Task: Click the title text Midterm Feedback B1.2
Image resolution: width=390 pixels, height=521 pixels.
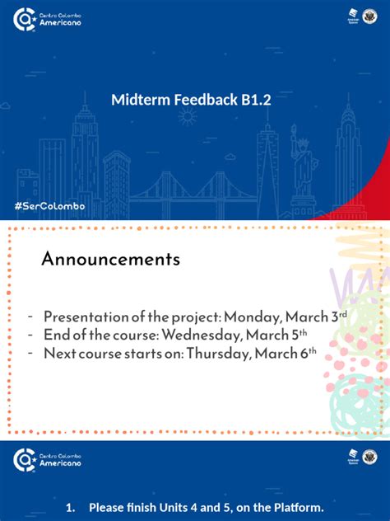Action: click(x=191, y=101)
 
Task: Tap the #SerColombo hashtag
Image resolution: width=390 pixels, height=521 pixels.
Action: click(x=49, y=204)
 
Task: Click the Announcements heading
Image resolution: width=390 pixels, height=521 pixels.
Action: click(x=111, y=260)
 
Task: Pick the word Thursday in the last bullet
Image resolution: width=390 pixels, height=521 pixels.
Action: click(x=217, y=354)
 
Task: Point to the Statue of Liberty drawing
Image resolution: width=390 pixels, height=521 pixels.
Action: click(x=304, y=165)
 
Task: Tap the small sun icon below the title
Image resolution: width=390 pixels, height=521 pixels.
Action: click(x=188, y=117)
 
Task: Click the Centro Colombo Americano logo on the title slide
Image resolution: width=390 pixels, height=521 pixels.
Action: click(x=48, y=19)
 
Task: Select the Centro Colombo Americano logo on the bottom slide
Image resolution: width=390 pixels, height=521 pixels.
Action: click(x=48, y=459)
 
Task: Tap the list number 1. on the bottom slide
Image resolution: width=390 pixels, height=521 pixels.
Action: click(x=71, y=508)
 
